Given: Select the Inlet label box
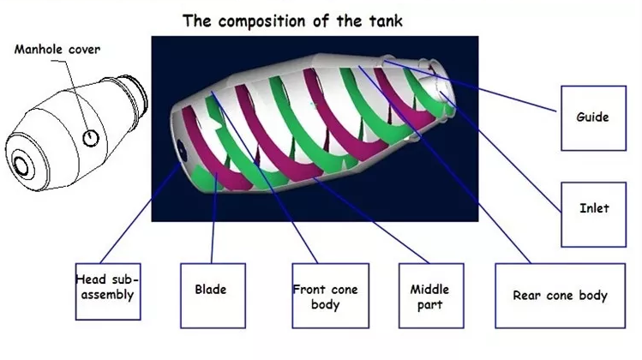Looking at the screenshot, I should (594, 208).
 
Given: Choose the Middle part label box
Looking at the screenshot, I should (429, 297).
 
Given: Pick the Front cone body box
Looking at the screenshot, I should (325, 297).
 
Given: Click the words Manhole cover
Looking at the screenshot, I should (57, 49).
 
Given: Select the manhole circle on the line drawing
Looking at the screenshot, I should (90, 137).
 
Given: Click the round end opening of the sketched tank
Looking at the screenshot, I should (21, 164).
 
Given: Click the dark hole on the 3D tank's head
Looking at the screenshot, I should (181, 147).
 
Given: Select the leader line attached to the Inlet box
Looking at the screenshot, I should (514, 154).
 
